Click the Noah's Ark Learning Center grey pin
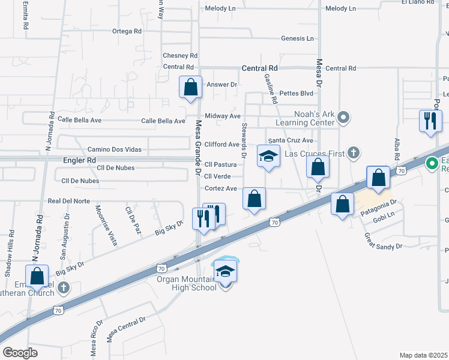click(x=343, y=118)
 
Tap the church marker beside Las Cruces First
click(x=354, y=154)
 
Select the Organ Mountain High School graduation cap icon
click(x=225, y=271)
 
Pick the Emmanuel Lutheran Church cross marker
click(x=64, y=287)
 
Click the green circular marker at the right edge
click(x=432, y=163)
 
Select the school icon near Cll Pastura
click(x=269, y=157)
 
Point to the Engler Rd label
click(x=79, y=161)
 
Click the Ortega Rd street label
click(x=127, y=31)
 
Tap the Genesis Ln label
click(x=297, y=38)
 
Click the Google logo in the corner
click(x=20, y=353)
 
